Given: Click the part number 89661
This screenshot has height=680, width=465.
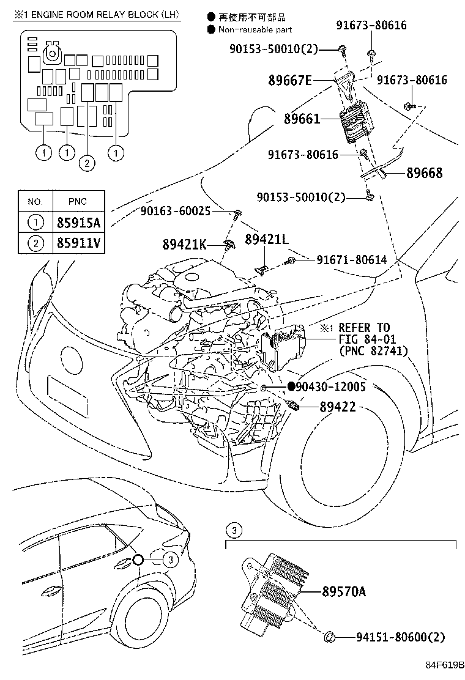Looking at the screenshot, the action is pos(302,119).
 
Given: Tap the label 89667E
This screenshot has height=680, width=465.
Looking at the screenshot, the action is pos(290,80).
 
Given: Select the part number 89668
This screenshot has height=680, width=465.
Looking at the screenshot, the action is pos(424,173).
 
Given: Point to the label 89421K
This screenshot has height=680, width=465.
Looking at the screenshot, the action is pos(184,245).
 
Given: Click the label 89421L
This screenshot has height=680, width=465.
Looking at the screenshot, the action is pos(267,239).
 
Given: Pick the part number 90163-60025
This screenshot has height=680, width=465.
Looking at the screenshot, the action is pos(175,211).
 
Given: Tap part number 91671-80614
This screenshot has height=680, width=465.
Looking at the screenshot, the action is pos(352,260).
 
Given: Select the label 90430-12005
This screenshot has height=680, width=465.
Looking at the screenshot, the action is pos(331,386).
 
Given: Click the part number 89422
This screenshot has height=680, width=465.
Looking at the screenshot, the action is pos(338,407).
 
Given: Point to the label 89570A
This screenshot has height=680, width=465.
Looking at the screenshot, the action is pos(344,591).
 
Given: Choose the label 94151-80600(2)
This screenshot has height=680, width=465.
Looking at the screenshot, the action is pos(400,637).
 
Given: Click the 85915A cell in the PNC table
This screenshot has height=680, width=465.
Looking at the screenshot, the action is pos(78,223).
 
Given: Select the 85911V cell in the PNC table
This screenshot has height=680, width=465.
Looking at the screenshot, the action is pos(78,243).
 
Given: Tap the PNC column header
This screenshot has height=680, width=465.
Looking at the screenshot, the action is pos(78,202).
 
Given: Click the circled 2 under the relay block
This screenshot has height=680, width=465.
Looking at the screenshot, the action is pos(87,163).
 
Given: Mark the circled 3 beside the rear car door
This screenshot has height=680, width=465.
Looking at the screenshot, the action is pos(171,560).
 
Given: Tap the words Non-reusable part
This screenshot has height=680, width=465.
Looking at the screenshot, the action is pos(255,29).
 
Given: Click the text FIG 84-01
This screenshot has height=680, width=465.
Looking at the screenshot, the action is pos(362,339).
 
